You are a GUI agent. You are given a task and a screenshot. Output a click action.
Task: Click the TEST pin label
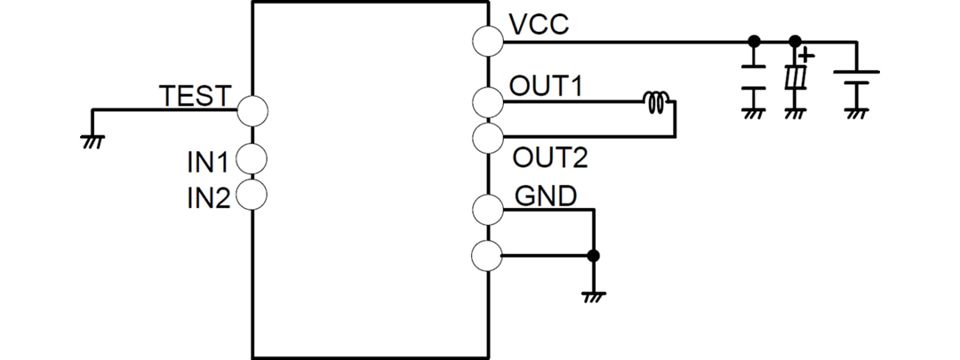pyautogui.click(x=195, y=95)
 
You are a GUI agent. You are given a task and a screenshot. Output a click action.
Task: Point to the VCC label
pyautogui.click(x=539, y=25)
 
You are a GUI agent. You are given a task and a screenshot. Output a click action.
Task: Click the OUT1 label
pyautogui.click(x=546, y=86)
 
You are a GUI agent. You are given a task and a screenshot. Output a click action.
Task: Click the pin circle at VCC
pyautogui.click(x=488, y=41)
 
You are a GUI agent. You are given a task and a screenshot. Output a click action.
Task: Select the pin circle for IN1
pyautogui.click(x=252, y=160)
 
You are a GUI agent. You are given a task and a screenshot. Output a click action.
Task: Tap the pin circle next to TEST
pyautogui.click(x=252, y=109)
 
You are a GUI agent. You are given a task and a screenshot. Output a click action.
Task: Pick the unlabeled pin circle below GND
pyautogui.click(x=488, y=256)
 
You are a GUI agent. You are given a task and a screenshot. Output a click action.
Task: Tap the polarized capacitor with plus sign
pyautogui.click(x=796, y=80)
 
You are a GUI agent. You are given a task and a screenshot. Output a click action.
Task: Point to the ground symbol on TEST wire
pyautogui.click(x=92, y=140)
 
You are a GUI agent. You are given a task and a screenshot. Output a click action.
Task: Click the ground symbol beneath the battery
pyautogui.click(x=856, y=113)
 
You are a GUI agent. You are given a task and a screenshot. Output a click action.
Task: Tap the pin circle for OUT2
pyautogui.click(x=488, y=137)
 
